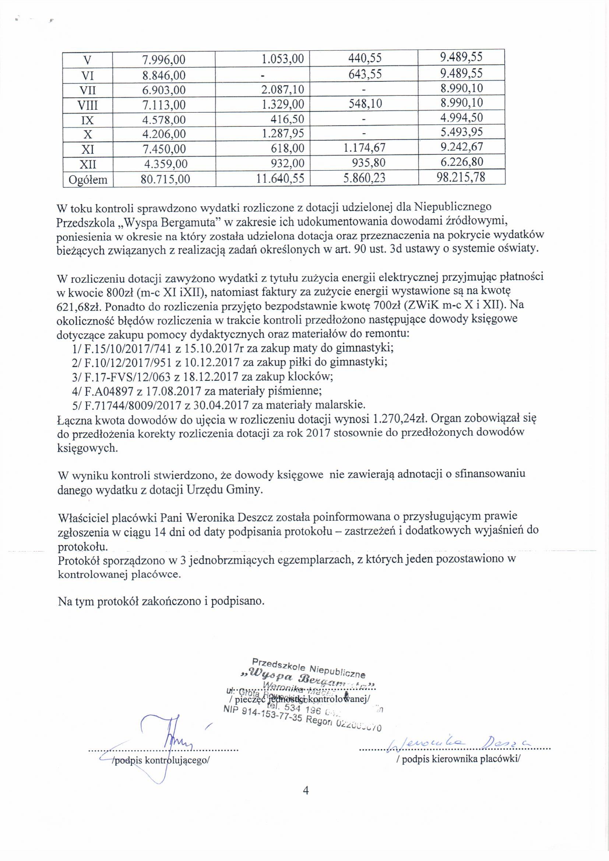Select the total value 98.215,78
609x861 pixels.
click(x=461, y=178)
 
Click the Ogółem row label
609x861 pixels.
click(x=88, y=180)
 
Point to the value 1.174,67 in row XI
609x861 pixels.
click(x=364, y=148)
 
